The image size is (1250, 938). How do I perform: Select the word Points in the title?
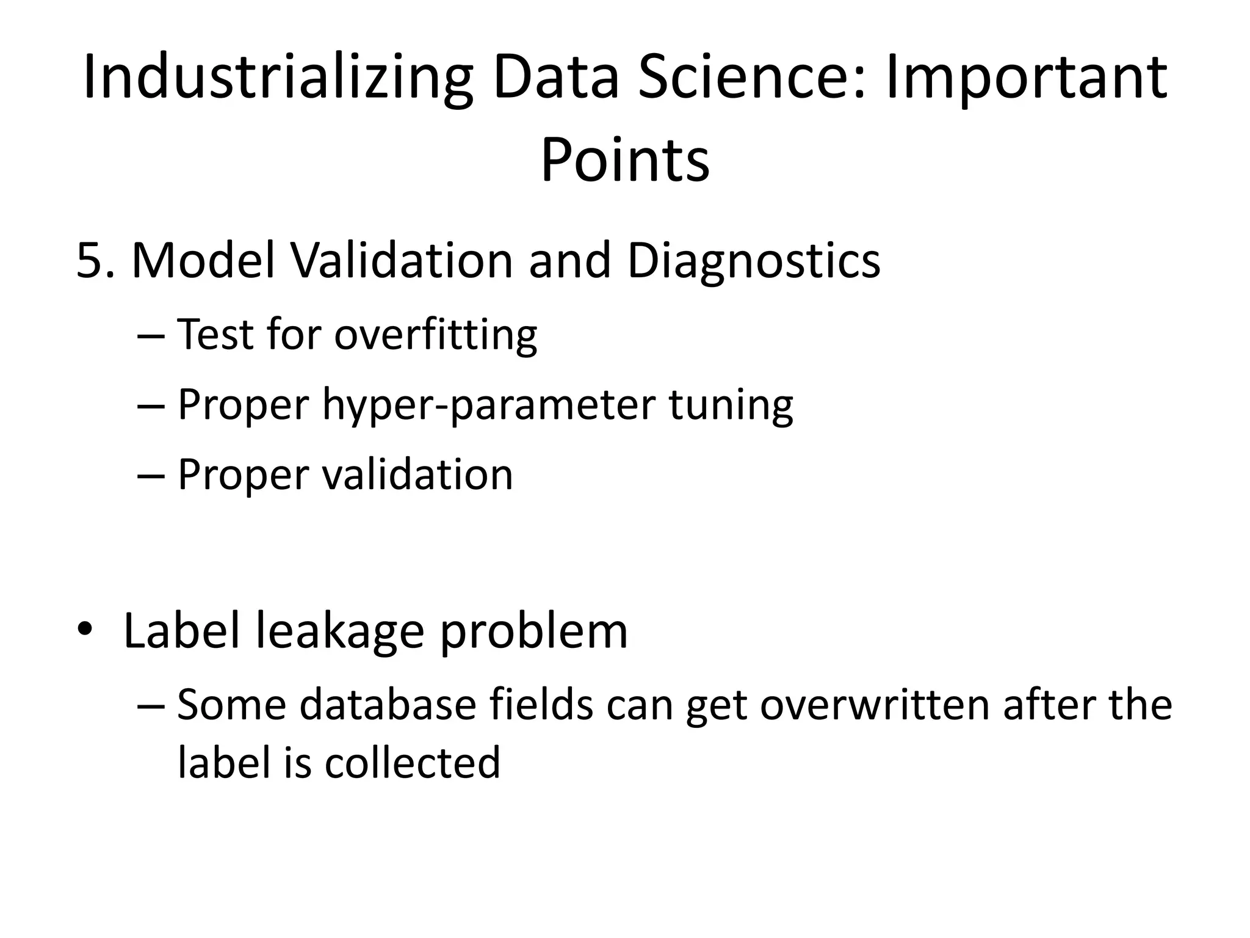pyautogui.click(x=625, y=160)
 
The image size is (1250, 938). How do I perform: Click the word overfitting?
pyautogui.click(x=435, y=335)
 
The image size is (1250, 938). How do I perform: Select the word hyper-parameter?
pyautogui.click(x=488, y=405)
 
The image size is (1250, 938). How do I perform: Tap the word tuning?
pyautogui.click(x=731, y=405)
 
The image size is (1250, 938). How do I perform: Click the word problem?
pyautogui.click(x=533, y=632)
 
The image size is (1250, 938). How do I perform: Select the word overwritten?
pyautogui.click(x=873, y=705)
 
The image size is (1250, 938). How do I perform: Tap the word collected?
pyautogui.click(x=413, y=763)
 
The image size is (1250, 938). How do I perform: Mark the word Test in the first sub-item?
pyautogui.click(x=215, y=335)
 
